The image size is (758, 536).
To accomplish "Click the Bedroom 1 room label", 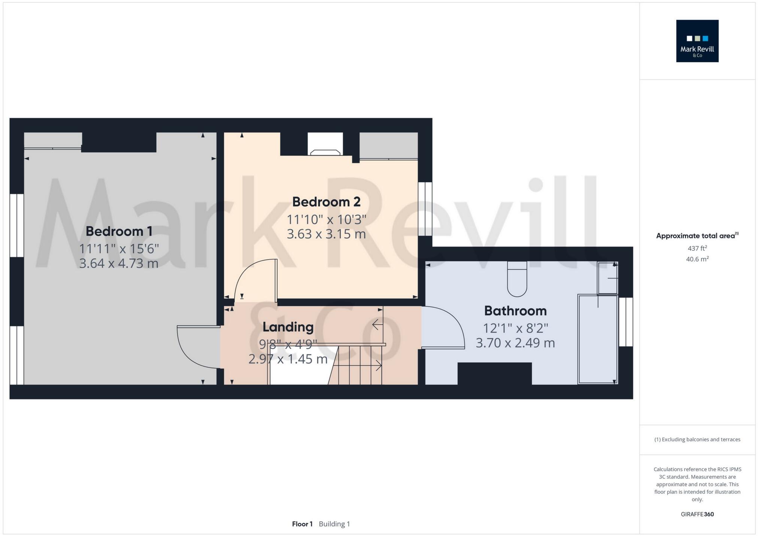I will [119, 231].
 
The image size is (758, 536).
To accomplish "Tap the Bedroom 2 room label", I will [326, 202].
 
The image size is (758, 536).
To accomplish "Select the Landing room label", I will [288, 327].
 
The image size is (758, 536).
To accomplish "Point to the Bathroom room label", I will [515, 311].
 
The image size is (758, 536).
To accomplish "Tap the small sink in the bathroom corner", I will [607, 278].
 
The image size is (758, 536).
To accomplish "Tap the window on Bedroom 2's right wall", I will [425, 208].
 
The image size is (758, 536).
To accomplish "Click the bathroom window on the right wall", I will [626, 322].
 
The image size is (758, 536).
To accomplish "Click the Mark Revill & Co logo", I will [697, 41].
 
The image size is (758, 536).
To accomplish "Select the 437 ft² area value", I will [697, 248].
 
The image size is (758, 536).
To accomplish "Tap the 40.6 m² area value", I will [697, 259].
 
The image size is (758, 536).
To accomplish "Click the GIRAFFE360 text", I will [697, 514].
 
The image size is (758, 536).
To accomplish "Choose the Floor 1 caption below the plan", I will [302, 524].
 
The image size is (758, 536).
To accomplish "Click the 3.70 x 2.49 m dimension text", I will [515, 343].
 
